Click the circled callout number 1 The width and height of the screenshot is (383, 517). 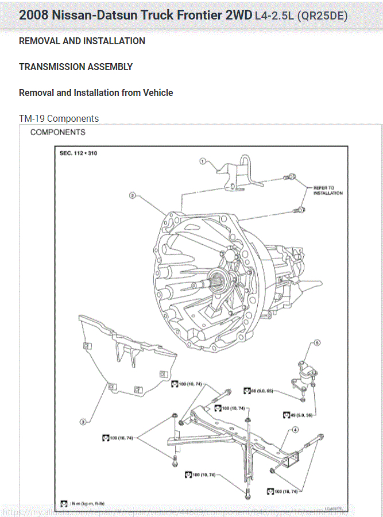(x=203, y=161)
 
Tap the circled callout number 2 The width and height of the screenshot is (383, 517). (x=132, y=195)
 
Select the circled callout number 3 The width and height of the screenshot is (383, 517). (x=83, y=422)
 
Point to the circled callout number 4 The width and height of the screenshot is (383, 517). (x=295, y=429)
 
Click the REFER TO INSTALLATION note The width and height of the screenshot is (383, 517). (x=328, y=190)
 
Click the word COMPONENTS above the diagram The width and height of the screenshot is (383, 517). (x=57, y=132)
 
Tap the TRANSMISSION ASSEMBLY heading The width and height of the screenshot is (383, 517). (x=76, y=67)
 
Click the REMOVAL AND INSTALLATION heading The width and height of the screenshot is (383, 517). (x=82, y=41)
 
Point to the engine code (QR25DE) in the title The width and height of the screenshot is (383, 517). (x=322, y=16)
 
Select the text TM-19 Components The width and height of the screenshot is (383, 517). (x=59, y=118)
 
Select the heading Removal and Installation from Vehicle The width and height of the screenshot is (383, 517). (x=96, y=92)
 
